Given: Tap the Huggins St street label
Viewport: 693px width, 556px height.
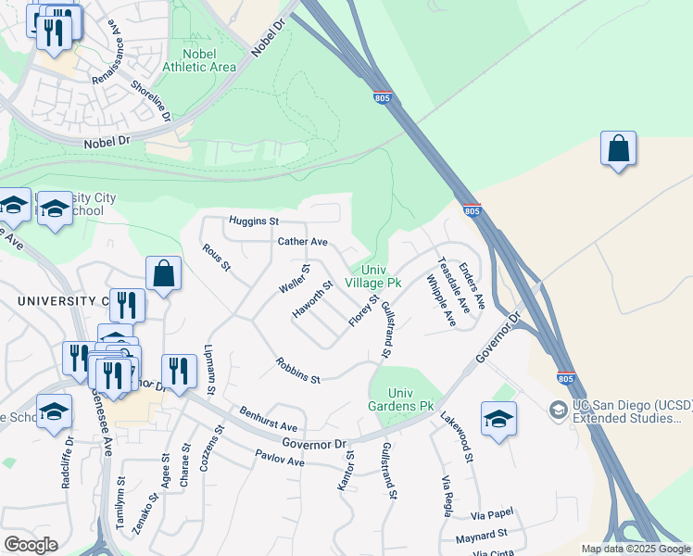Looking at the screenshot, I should click(x=254, y=221).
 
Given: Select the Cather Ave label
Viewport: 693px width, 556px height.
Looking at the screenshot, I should click(x=303, y=242).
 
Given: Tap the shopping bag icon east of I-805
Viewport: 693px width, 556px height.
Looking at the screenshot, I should click(x=618, y=148).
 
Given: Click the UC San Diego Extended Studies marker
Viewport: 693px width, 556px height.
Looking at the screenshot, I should click(x=558, y=408).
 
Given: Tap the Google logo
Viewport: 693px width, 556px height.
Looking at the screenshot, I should click(x=31, y=544).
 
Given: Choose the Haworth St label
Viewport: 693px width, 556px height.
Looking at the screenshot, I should click(x=312, y=300).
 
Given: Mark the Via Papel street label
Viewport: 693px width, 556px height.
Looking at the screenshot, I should click(x=491, y=513).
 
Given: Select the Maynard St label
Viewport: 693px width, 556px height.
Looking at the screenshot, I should click(x=482, y=535).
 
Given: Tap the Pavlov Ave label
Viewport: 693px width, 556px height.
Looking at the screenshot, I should click(x=281, y=459).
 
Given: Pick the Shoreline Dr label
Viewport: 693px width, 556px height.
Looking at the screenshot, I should click(x=151, y=100).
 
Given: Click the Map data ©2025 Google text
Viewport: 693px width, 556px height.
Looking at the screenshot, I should click(x=636, y=549).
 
